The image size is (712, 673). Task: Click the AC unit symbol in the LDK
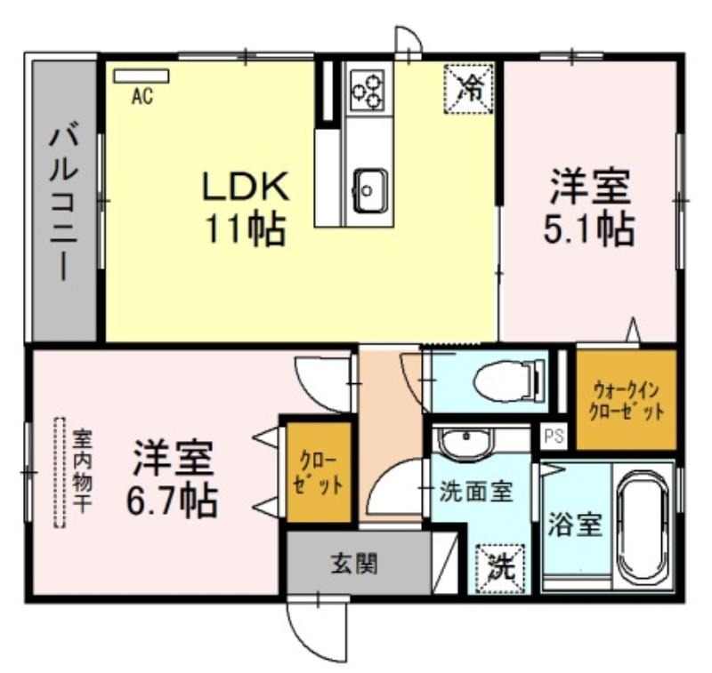(x=142, y=76)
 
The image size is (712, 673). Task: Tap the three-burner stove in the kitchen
(x=368, y=90)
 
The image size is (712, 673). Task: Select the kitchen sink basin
(x=369, y=190)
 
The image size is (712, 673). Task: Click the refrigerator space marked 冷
(x=469, y=88)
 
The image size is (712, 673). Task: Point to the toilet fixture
(x=508, y=380)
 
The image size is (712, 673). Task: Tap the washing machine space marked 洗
(x=499, y=567)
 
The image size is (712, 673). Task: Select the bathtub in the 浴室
(x=642, y=525)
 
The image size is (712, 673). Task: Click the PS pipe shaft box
(x=554, y=437)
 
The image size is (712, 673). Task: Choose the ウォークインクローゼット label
(x=627, y=400)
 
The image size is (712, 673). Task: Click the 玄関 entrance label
(x=354, y=565)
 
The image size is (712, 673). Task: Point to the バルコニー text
(x=64, y=204)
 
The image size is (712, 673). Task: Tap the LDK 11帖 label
(x=246, y=208)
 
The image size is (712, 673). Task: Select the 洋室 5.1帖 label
(x=589, y=207)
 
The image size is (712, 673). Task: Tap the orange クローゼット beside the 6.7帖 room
(x=319, y=472)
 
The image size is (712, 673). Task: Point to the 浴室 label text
(x=575, y=525)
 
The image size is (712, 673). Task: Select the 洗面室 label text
(x=476, y=491)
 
